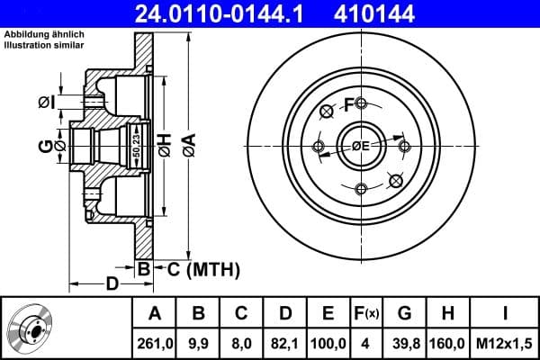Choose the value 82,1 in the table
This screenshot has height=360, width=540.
tap(285, 343)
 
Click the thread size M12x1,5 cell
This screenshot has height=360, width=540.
tap(505, 343)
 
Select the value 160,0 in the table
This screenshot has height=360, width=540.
tap(448, 343)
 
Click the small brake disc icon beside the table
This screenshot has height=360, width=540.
tap(31, 328)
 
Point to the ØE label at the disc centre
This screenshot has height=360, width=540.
tap(361, 146)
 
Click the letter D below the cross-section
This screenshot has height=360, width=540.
tap(112, 285)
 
